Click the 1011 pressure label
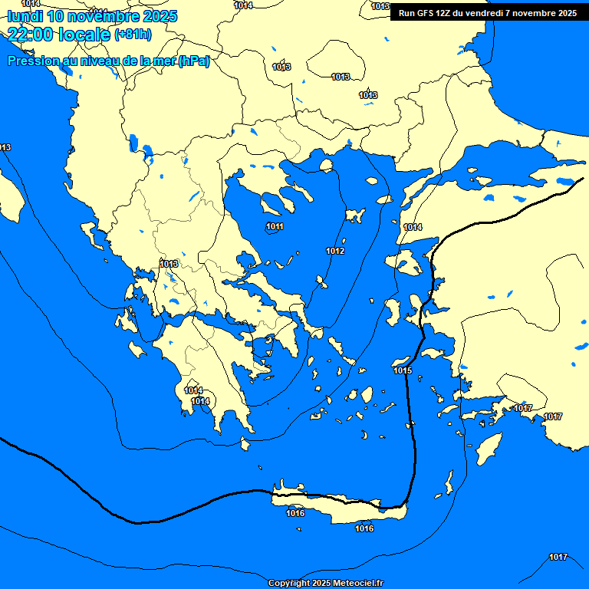tap(275, 226)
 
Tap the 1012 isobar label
tap(335, 251)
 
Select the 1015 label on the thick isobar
tap(403, 371)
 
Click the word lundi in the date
tap(27, 16)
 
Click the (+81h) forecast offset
tap(133, 35)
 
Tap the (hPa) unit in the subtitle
tap(193, 61)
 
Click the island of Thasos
tap(326, 165)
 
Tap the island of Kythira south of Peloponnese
tap(246, 444)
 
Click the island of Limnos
tap(354, 216)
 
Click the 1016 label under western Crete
tap(295, 513)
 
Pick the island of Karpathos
tap(449, 483)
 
